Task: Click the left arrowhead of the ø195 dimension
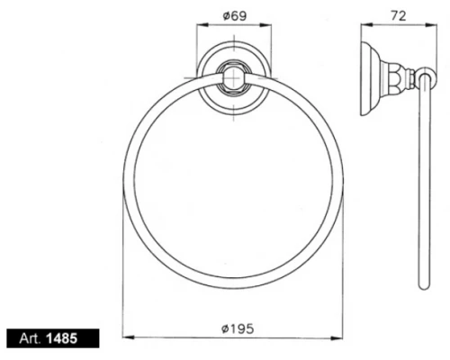click(126, 337)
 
